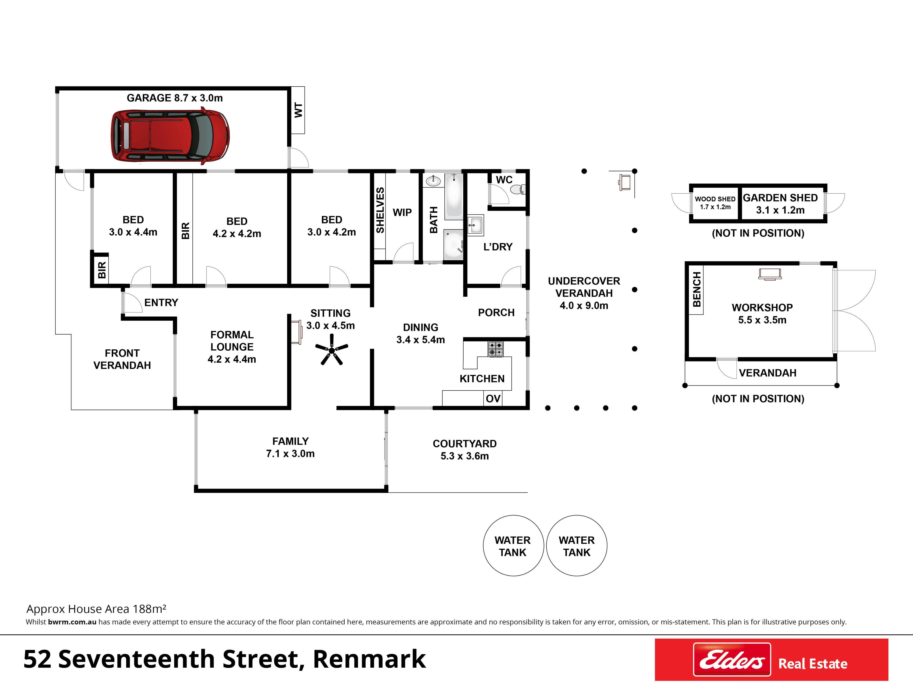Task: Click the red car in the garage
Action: coord(170,136)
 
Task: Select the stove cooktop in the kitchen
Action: coord(495,349)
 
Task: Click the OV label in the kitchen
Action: coord(493,398)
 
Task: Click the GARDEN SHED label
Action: coord(780,198)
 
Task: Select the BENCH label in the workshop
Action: coord(697,290)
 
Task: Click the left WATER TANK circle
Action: coord(513,545)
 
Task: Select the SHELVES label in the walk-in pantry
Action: coord(380,210)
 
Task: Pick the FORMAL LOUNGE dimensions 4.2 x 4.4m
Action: coord(232,359)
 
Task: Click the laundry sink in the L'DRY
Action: coord(475,225)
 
